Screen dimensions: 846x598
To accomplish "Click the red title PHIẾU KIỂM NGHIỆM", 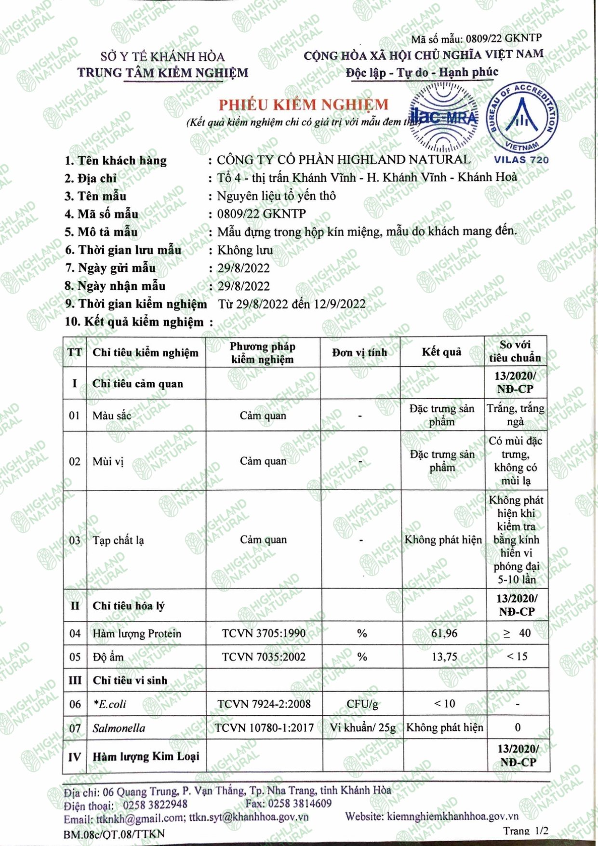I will [303, 105].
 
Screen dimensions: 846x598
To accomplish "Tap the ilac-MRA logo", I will [444, 117].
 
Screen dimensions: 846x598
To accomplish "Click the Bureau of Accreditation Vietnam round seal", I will [522, 117].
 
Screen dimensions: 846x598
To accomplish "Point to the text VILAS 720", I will [521, 160].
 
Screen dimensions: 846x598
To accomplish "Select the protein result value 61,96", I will [444, 633].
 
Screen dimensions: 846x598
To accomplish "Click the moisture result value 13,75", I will [444, 657].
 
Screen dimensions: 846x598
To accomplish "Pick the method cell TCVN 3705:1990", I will [264, 633].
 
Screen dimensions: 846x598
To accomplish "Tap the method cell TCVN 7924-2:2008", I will [264, 704].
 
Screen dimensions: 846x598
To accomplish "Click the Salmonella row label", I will [119, 728].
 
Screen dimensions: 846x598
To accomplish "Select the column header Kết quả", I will [441, 352].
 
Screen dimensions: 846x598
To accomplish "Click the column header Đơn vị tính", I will [359, 352].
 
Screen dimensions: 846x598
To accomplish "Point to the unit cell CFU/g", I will [362, 704].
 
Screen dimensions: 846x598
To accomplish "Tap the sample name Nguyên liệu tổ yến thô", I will [277, 196].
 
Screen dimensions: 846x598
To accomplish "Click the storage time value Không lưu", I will [245, 250].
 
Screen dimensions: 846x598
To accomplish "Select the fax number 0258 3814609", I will [300, 803].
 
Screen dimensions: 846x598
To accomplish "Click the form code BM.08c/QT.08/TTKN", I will [114, 834].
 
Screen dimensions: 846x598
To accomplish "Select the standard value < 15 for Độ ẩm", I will [517, 657].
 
